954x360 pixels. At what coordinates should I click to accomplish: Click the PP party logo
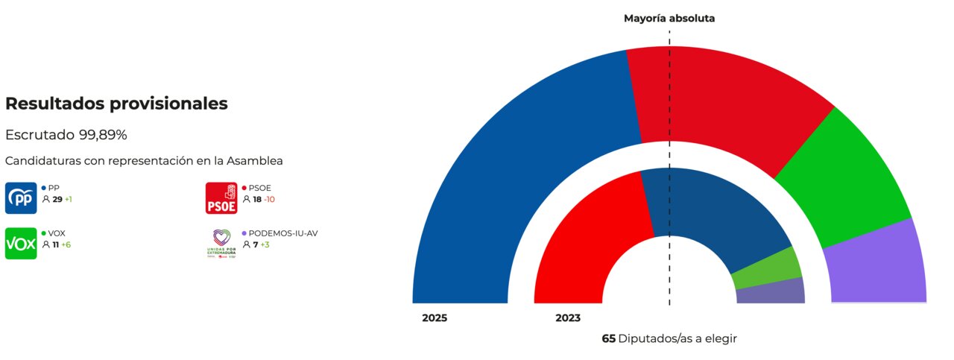21,198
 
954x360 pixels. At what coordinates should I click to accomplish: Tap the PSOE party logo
221,198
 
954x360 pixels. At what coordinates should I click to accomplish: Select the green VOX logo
21,244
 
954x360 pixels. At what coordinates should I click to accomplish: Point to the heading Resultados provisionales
116,104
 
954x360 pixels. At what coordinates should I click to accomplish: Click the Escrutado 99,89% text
66,135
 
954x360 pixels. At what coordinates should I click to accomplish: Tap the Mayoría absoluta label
669,19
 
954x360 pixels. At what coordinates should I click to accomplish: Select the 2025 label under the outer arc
435,318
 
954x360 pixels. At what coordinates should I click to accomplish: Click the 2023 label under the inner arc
568,318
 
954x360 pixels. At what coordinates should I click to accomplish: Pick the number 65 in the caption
608,338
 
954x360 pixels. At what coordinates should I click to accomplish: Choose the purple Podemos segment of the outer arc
876,265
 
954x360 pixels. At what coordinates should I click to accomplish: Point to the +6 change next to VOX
66,244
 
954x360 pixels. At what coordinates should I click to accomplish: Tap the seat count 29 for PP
57,200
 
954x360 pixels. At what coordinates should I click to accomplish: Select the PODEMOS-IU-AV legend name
283,233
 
